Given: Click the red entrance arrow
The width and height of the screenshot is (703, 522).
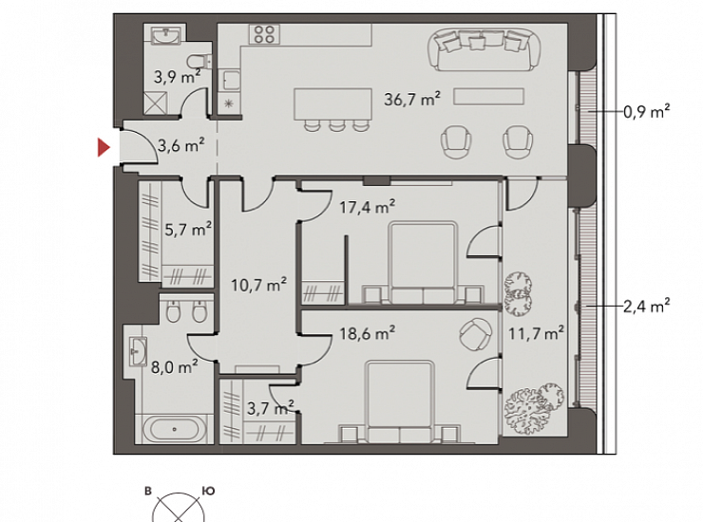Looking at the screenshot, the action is coord(104,147).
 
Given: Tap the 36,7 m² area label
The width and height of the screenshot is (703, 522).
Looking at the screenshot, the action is coord(412,99).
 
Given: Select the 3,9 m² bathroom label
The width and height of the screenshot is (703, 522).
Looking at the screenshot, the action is coord(177,77).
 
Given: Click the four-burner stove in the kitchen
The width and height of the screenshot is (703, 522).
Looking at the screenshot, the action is coord(264,34).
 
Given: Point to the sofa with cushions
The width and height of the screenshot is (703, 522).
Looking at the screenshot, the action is coord(484,49).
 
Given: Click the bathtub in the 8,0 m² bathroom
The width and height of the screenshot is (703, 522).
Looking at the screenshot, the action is coord(175,429).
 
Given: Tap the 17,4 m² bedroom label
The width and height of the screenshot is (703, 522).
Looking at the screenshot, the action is coord(368,207).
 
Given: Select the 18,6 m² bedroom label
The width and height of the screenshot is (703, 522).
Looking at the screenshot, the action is coord(368,333).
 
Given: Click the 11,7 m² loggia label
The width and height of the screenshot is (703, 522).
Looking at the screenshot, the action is coord(536,333).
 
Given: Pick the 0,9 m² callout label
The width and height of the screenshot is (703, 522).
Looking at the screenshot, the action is coord(647,111).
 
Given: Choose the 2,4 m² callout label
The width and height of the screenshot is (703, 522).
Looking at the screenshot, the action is coord(647,306).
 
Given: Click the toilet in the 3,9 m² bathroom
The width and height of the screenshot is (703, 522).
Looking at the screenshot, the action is coord(199,61).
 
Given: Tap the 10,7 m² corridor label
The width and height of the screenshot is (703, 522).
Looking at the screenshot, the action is coord(258,285).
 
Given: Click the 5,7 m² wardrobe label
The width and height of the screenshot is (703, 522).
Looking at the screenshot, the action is coord(188,230).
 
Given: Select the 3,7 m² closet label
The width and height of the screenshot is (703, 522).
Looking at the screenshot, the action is coord(271,408).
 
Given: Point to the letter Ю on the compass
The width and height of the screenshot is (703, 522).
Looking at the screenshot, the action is coord(209,491).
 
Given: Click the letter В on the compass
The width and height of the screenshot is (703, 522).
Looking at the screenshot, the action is coord(148,491).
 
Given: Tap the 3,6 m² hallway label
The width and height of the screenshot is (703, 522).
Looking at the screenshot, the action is coord(181,145).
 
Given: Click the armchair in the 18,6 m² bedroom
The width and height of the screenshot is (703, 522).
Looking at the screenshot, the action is coord(475,335).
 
